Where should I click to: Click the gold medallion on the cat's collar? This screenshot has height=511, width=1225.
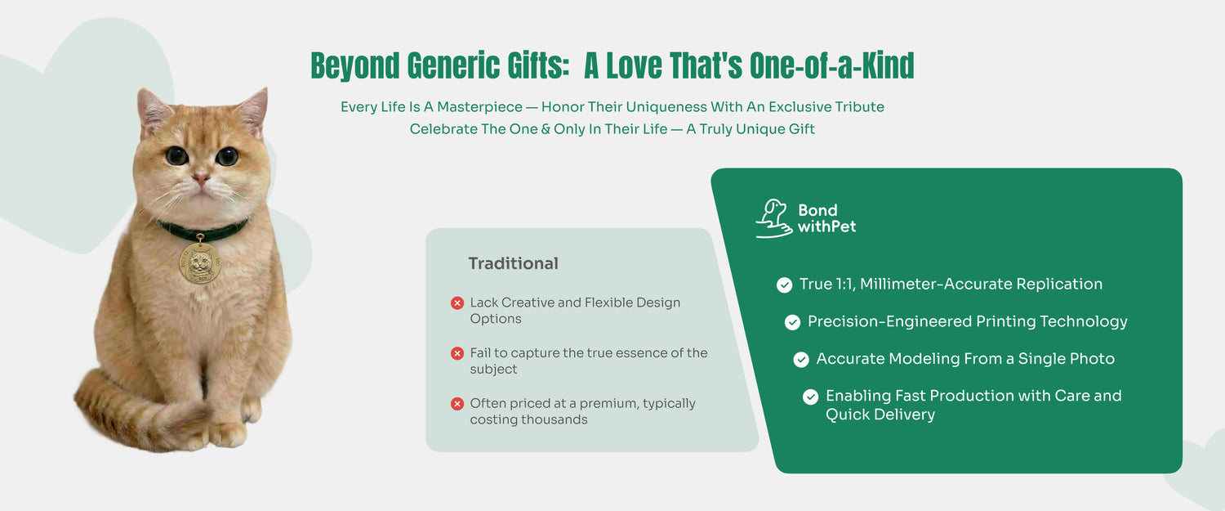click(200, 263)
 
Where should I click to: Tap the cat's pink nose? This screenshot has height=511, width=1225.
click(201, 178)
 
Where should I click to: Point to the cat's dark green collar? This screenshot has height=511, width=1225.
click(203, 230)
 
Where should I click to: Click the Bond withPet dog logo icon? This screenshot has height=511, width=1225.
click(774, 218)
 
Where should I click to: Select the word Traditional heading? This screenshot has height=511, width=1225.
click(513, 263)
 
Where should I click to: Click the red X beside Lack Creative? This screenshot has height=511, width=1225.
click(457, 303)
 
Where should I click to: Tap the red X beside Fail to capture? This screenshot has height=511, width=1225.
click(457, 353)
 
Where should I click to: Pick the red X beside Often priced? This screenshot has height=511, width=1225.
click(457, 404)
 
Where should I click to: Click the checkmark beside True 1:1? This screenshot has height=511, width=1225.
click(784, 285)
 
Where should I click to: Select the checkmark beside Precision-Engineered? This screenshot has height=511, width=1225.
click(792, 322)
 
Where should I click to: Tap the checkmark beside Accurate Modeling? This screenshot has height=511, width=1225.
click(801, 359)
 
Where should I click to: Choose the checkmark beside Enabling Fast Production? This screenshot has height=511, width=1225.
click(810, 397)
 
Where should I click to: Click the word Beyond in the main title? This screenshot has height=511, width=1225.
click(355, 66)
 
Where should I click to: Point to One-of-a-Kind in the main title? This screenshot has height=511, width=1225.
click(832, 65)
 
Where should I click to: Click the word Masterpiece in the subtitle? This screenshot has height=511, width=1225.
click(479, 107)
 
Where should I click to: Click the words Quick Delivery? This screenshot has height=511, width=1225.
click(880, 415)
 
